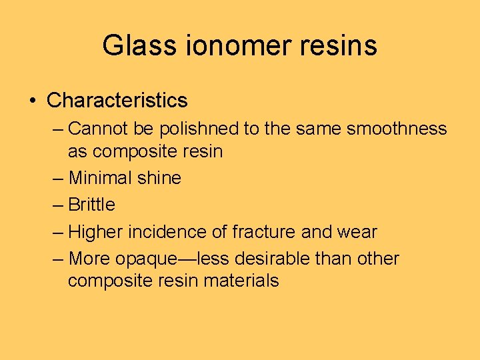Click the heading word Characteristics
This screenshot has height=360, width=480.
117,101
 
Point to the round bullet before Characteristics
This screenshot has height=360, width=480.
32,101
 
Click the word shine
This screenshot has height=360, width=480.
160,178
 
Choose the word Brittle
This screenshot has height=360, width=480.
92,205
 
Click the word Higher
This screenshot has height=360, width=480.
95,232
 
